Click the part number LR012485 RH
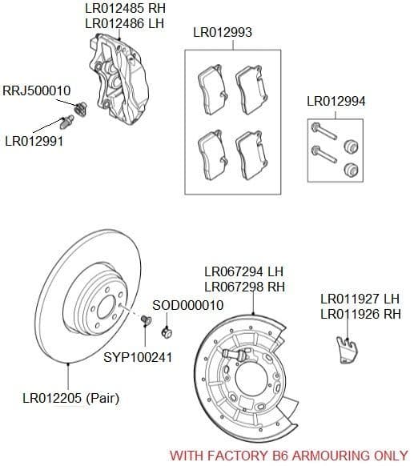pos(123,9)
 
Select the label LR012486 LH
pos(123,24)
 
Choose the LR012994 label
pos(336,102)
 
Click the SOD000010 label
pos(187,305)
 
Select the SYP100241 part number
pos(138,356)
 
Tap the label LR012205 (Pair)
pos(70,397)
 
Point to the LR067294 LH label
pos(243,271)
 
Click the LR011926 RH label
pos(360,315)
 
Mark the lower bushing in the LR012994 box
pos(349,168)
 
